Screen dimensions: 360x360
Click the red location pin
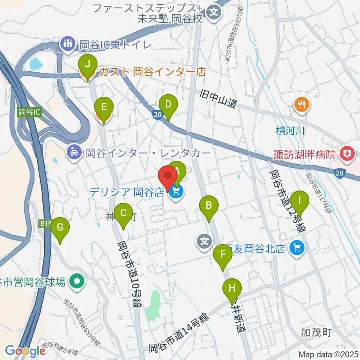point(168,177)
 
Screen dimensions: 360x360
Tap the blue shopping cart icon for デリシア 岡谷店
point(176,192)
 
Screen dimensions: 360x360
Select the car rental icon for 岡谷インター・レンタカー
point(74,153)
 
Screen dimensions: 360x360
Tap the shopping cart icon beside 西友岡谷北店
point(297,248)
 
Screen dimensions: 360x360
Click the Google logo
point(25,351)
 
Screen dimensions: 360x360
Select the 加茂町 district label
point(316,332)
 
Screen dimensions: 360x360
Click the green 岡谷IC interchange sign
point(28,112)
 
